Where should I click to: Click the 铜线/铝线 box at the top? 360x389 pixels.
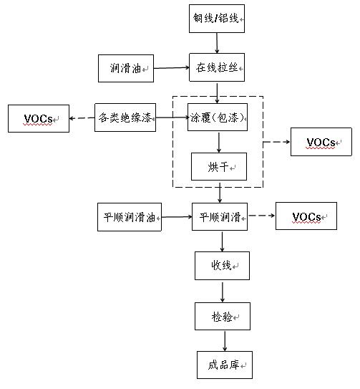click(218, 19)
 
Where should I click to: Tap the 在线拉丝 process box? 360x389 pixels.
click(218, 68)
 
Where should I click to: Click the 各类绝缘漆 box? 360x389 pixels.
click(125, 117)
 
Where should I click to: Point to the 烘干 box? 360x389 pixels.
click(218, 166)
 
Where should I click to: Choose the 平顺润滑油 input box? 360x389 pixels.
click(130, 216)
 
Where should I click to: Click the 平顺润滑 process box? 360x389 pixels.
click(220, 216)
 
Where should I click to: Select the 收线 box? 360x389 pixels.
click(222, 265)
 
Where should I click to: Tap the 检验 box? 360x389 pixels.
click(222, 315)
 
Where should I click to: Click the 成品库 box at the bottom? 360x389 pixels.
click(224, 365)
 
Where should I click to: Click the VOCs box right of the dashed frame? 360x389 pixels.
click(321, 142)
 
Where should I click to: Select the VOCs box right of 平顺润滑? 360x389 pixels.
click(306, 216)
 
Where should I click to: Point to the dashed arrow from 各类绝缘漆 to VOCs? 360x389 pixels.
click(82, 117)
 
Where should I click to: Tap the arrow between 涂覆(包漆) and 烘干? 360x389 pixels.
click(219, 142)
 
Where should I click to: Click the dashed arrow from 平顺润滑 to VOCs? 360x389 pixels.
click(262, 216)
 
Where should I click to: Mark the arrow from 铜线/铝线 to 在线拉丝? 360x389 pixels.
click(218, 43)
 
